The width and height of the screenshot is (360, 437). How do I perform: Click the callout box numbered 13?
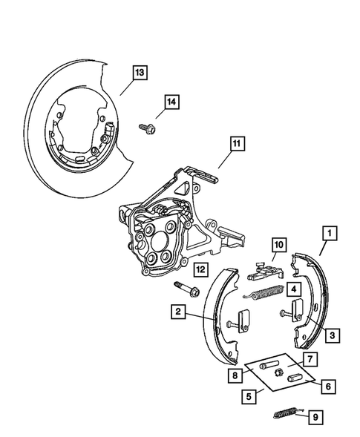(x=139, y=72)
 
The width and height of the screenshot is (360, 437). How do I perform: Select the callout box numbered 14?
(x=171, y=104)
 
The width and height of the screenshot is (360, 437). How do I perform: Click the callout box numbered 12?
(x=200, y=270)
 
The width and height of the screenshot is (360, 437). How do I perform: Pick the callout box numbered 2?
(x=178, y=312)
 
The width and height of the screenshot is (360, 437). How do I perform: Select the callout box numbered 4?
(x=294, y=290)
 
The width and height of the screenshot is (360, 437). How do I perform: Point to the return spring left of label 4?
(x=263, y=293)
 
